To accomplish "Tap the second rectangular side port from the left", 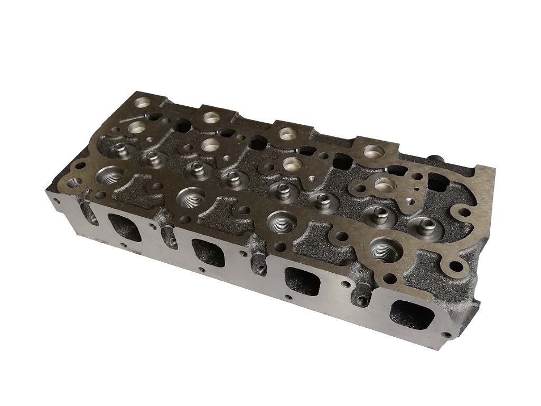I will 208,253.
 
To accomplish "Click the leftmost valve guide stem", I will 117,151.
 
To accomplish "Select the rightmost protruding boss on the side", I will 362,301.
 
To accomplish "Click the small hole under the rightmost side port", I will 449,334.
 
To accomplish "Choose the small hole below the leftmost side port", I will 122,245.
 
